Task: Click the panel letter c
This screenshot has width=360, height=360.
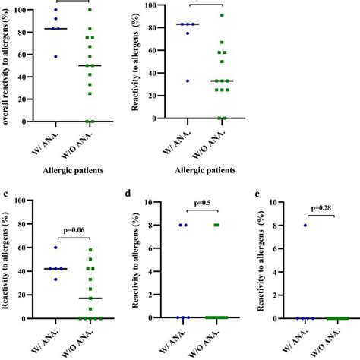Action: tap(5, 196)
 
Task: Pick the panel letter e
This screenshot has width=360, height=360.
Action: tap(258, 196)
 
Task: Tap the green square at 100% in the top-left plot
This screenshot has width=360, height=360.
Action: tap(90, 10)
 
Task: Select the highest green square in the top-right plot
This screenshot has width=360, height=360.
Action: tap(222, 16)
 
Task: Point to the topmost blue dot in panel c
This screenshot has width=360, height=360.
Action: tap(55, 248)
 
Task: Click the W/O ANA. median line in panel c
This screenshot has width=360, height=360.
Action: tap(90, 298)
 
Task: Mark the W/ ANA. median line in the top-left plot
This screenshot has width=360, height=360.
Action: tap(55, 29)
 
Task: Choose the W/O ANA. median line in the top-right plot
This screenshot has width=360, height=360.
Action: tap(222, 81)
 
